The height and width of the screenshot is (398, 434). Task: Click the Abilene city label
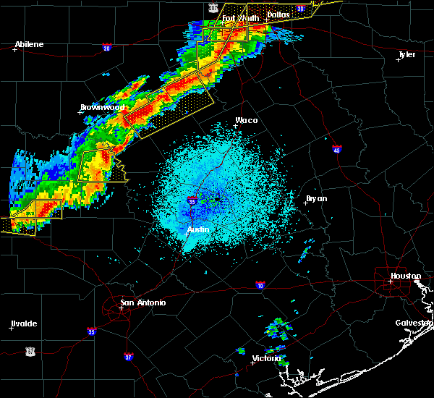(x=29, y=44)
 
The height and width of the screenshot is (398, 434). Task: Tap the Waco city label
(x=246, y=121)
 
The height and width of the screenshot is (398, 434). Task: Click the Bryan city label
(x=316, y=198)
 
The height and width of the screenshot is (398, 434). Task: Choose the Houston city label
(x=406, y=276)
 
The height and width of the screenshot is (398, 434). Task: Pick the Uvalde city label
(x=23, y=323)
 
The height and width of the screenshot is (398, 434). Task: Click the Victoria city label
(x=267, y=358)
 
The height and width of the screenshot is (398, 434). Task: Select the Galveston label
(x=414, y=323)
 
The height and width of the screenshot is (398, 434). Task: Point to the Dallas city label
(x=278, y=14)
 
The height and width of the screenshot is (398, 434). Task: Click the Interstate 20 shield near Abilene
(x=107, y=48)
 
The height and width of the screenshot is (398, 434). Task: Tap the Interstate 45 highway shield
(x=337, y=150)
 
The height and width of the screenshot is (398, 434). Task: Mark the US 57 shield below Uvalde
(x=30, y=350)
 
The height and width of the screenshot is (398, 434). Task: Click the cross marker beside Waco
(x=235, y=126)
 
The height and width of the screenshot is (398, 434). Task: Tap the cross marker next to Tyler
(x=398, y=59)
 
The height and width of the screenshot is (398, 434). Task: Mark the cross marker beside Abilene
(x=14, y=49)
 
